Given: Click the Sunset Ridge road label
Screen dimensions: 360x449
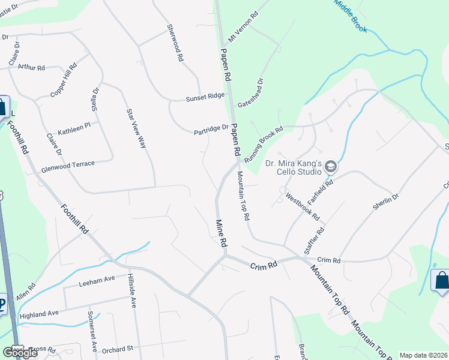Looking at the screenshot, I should [205, 96].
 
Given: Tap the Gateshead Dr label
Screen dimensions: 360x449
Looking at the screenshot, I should [250, 92].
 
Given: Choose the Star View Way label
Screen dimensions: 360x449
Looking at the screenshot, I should [136, 128].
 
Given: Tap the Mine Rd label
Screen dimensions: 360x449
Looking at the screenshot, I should [221, 233].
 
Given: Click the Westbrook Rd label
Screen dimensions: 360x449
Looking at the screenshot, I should [303, 205].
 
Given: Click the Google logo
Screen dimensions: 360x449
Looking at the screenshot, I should [20, 353].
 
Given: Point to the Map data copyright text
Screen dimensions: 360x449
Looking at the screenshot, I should [423, 355].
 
